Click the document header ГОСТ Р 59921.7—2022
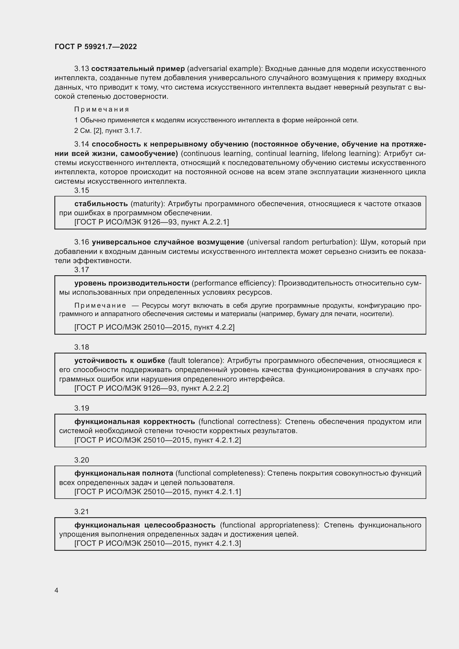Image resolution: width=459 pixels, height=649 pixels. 95,47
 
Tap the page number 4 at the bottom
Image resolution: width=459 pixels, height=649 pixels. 57,590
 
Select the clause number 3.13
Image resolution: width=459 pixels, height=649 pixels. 81,69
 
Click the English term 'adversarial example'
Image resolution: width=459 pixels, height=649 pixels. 224,69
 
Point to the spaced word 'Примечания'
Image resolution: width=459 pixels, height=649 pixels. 102,109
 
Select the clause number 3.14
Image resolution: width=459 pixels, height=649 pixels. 81,144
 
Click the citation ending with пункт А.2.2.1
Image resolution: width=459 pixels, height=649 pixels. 152,222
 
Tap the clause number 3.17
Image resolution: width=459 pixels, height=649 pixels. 81,270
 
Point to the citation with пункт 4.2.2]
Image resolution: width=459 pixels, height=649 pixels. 154,327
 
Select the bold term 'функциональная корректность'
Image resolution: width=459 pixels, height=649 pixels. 135,421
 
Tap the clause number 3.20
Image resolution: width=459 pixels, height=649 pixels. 81,460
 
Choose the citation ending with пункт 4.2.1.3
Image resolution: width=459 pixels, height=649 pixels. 158,543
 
